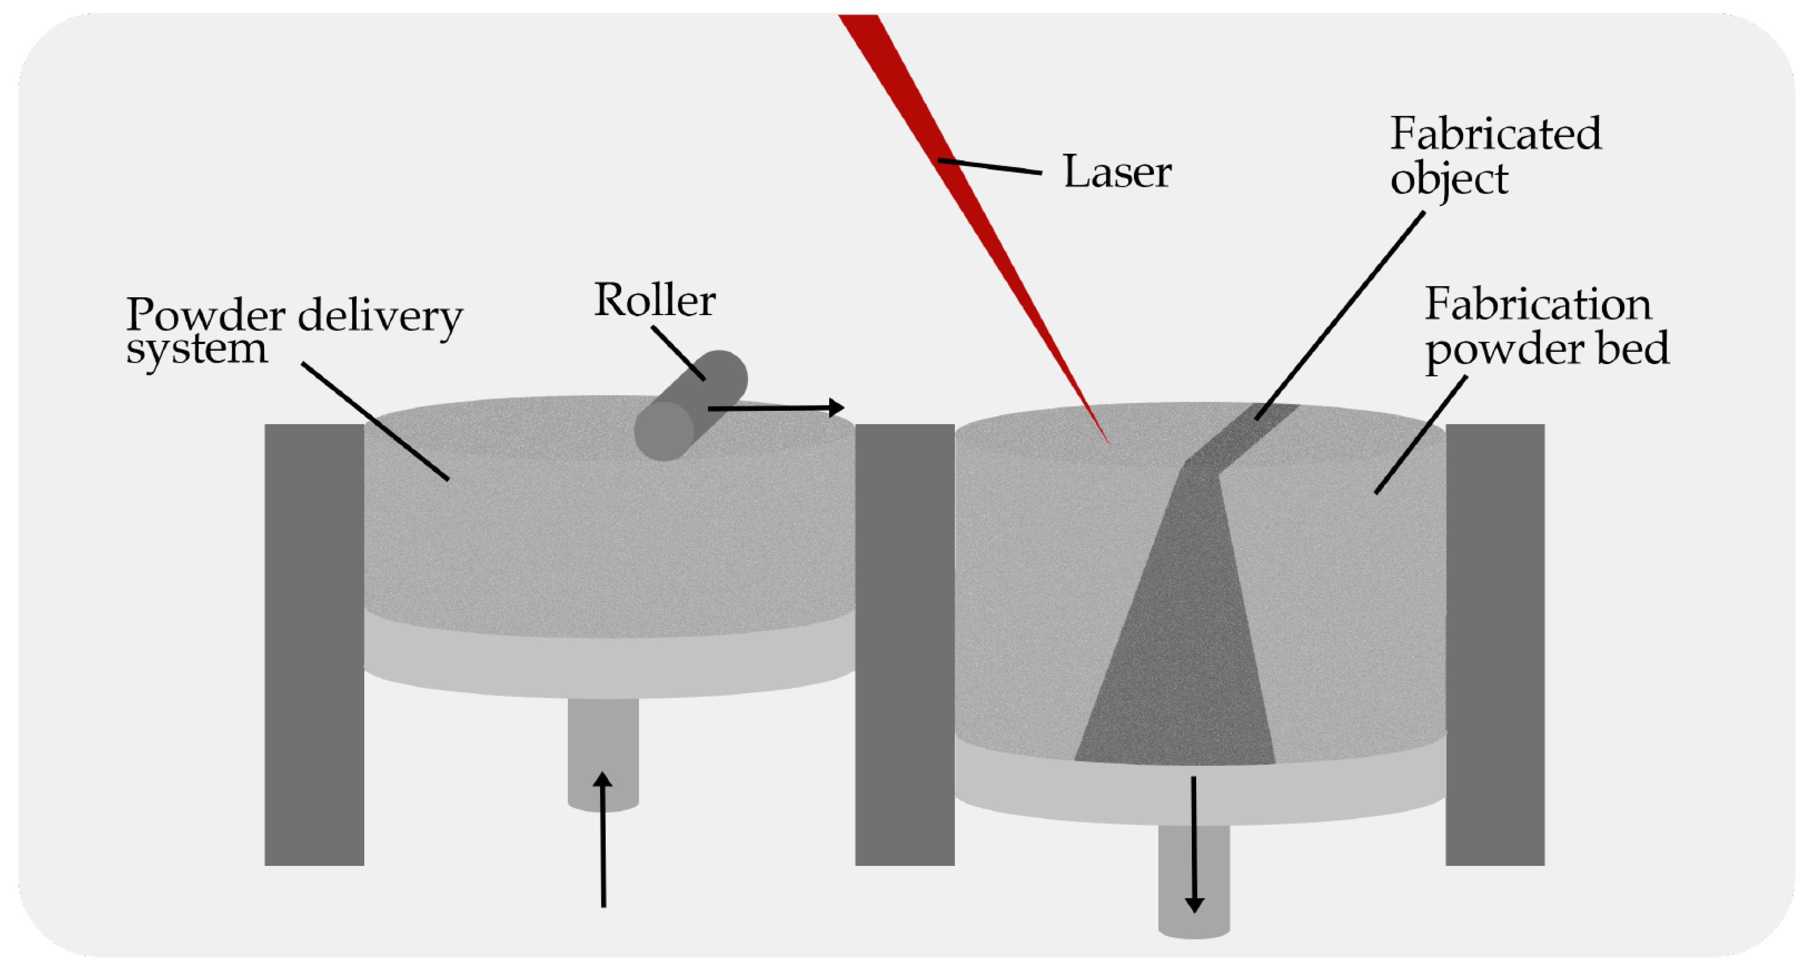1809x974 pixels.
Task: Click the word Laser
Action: tap(1117, 172)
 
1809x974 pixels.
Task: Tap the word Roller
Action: tap(655, 301)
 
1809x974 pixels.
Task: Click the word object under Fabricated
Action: tap(1449, 180)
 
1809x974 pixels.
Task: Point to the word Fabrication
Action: tap(1538, 305)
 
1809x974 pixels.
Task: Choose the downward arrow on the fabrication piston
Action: tap(1194, 843)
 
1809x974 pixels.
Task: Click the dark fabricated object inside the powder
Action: tap(1180, 632)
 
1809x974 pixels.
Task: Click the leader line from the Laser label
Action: tap(990, 167)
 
